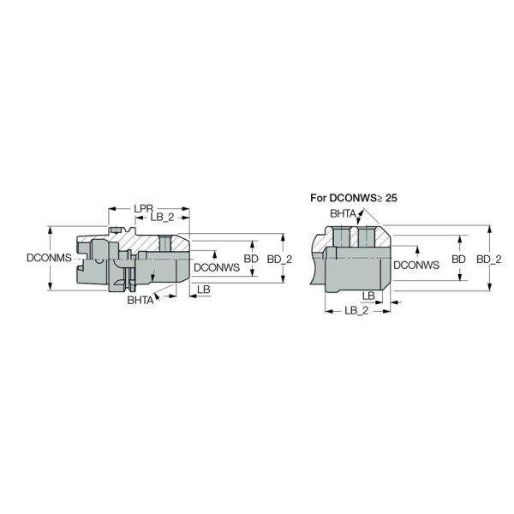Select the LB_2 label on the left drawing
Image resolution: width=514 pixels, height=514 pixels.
pyautogui.click(x=163, y=218)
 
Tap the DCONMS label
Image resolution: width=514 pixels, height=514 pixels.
pyautogui.click(x=48, y=258)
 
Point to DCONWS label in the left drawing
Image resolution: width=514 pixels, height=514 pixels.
pyautogui.click(x=215, y=267)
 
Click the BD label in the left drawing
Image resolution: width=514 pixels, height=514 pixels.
pyautogui.click(x=251, y=258)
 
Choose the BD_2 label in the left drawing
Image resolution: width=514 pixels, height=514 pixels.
pyautogui.click(x=279, y=258)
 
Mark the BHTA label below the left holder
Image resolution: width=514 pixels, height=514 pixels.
pyautogui.click(x=140, y=301)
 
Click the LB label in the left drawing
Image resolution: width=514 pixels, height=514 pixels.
pyautogui.click(x=203, y=290)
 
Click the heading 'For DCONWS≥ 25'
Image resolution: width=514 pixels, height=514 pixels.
pyautogui.click(x=354, y=197)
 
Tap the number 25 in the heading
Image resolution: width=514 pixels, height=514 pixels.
pyautogui.click(x=391, y=197)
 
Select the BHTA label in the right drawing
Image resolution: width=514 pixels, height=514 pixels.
pyautogui.click(x=344, y=213)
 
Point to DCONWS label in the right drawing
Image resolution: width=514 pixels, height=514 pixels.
pyautogui.click(x=415, y=266)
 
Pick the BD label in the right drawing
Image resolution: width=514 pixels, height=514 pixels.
pyautogui.click(x=459, y=258)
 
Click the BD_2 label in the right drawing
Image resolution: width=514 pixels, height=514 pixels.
pyautogui.click(x=488, y=258)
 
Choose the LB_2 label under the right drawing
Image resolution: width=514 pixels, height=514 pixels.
pyautogui.click(x=356, y=311)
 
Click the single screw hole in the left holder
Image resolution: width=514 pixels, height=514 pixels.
pyautogui.click(x=164, y=243)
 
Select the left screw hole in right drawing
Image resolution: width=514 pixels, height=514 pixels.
pyautogui.click(x=344, y=236)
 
